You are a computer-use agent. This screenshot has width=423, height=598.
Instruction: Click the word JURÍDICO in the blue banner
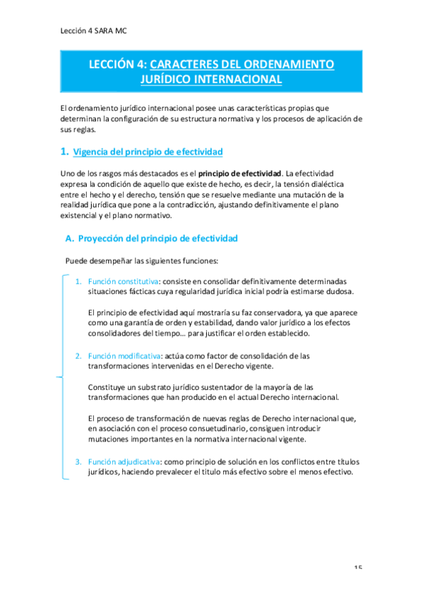[172, 80]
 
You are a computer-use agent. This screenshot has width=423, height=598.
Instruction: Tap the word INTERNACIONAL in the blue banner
[242, 80]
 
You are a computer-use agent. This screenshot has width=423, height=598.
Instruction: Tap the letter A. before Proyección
[69, 239]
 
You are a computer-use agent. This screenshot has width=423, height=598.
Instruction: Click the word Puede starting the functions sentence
[77, 260]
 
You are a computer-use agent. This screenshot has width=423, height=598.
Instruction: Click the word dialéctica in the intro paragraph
[326, 183]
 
